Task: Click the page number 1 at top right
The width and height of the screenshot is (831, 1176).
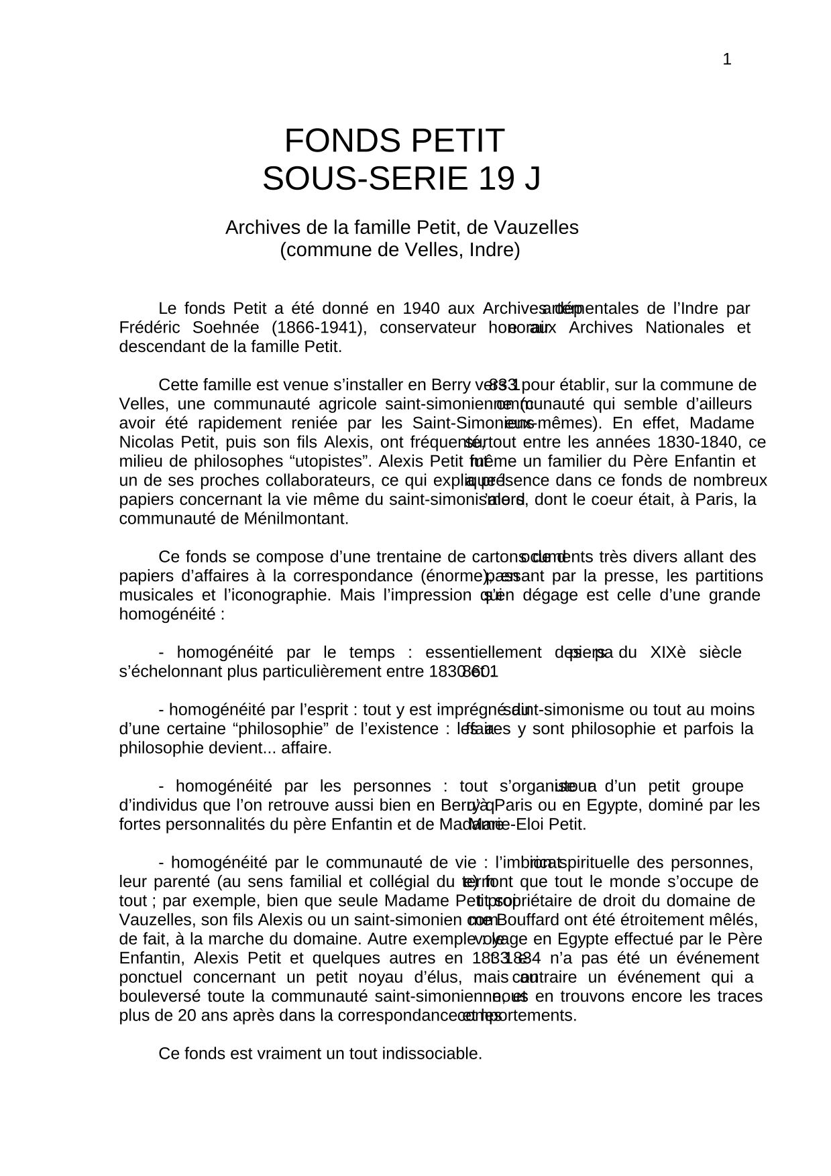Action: pyautogui.click(x=726, y=60)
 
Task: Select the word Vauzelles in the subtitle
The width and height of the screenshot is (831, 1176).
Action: pyautogui.click(x=540, y=228)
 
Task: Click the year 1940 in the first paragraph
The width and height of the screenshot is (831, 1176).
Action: pyautogui.click(x=421, y=309)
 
